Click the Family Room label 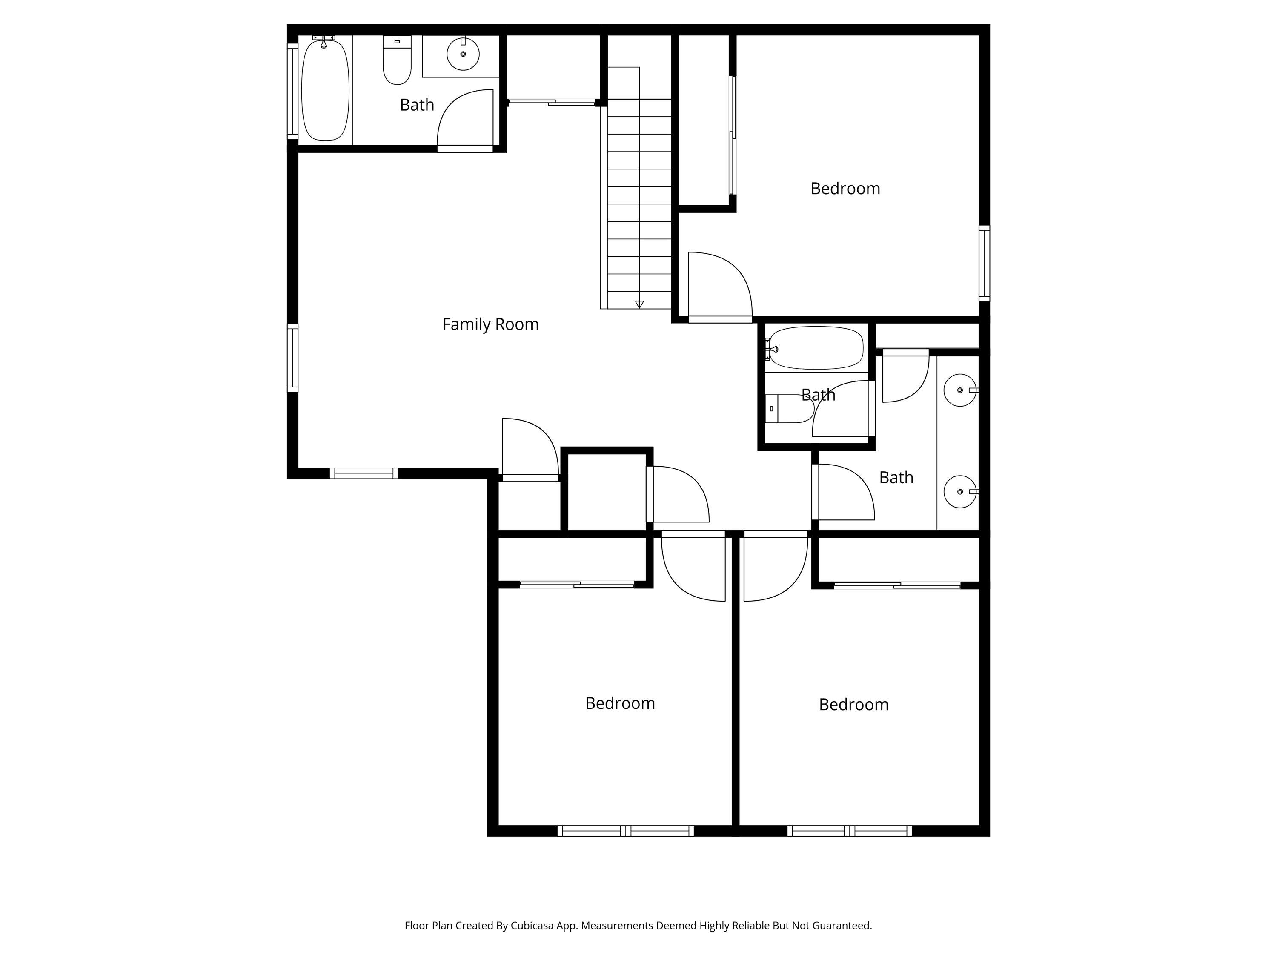[490, 324]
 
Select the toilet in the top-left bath [397, 60]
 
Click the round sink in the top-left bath [463, 54]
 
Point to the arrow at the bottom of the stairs [639, 304]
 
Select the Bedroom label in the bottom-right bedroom [853, 705]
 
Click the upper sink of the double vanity [959, 390]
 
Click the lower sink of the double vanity [959, 491]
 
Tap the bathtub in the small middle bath [816, 347]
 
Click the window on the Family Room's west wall [293, 358]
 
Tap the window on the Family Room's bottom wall [364, 473]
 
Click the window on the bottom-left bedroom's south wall [625, 831]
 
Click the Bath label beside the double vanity [896, 478]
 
